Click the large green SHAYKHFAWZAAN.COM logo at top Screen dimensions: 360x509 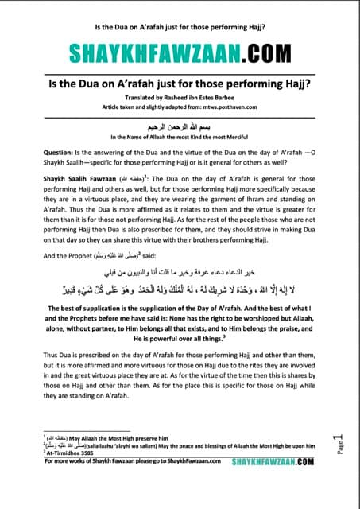[180, 52]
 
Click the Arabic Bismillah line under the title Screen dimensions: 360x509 [180, 126]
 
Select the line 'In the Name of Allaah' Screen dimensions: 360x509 [180, 138]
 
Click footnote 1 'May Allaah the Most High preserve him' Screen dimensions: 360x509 [119, 460]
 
